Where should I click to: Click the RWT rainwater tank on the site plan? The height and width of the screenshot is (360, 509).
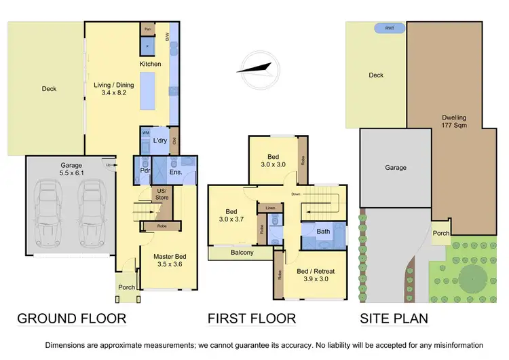pyautogui.click(x=390, y=29)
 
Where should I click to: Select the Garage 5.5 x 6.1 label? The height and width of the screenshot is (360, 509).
pyautogui.click(x=70, y=169)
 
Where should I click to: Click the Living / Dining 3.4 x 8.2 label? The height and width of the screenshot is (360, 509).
pyautogui.click(x=113, y=90)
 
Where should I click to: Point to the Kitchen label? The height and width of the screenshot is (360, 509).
pyautogui.click(x=150, y=64)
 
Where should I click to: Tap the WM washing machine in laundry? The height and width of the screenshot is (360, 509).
pyautogui.click(x=145, y=132)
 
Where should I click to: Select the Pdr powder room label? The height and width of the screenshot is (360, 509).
pyautogui.click(x=145, y=170)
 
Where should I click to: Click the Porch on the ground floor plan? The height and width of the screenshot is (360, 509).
pyautogui.click(x=126, y=287)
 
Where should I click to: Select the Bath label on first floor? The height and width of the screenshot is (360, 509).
pyautogui.click(x=324, y=232)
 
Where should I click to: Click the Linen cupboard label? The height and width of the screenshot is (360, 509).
pyautogui.click(x=271, y=208)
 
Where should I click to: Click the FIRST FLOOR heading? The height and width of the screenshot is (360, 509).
pyautogui.click(x=251, y=318)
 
